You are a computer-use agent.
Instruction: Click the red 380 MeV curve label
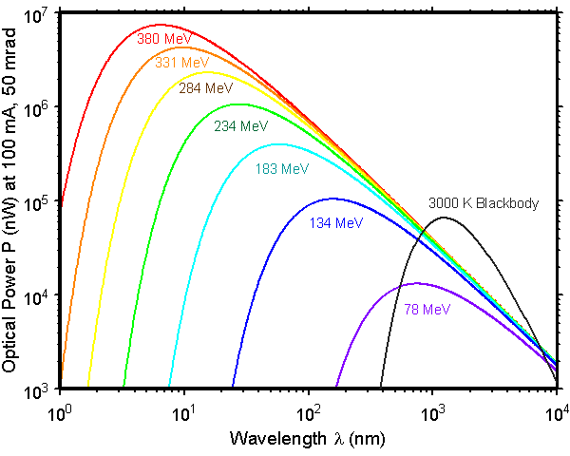pos(164,40)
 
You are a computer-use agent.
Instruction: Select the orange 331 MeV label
pos(181,63)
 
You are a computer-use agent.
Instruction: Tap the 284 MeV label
pos(206,88)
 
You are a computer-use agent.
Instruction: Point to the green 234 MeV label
pos(240,125)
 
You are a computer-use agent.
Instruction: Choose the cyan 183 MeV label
pos(282,169)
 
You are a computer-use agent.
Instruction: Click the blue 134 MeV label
pos(336,223)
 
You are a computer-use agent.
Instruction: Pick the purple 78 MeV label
pos(427,309)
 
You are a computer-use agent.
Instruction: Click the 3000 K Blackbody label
pos(484,203)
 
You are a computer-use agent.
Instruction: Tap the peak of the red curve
pos(159,25)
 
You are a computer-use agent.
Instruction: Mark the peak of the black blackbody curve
pos(444,218)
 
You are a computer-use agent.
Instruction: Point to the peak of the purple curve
pos(414,283)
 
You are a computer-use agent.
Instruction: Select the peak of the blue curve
pos(332,199)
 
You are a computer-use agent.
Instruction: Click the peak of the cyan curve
pos(278,144)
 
